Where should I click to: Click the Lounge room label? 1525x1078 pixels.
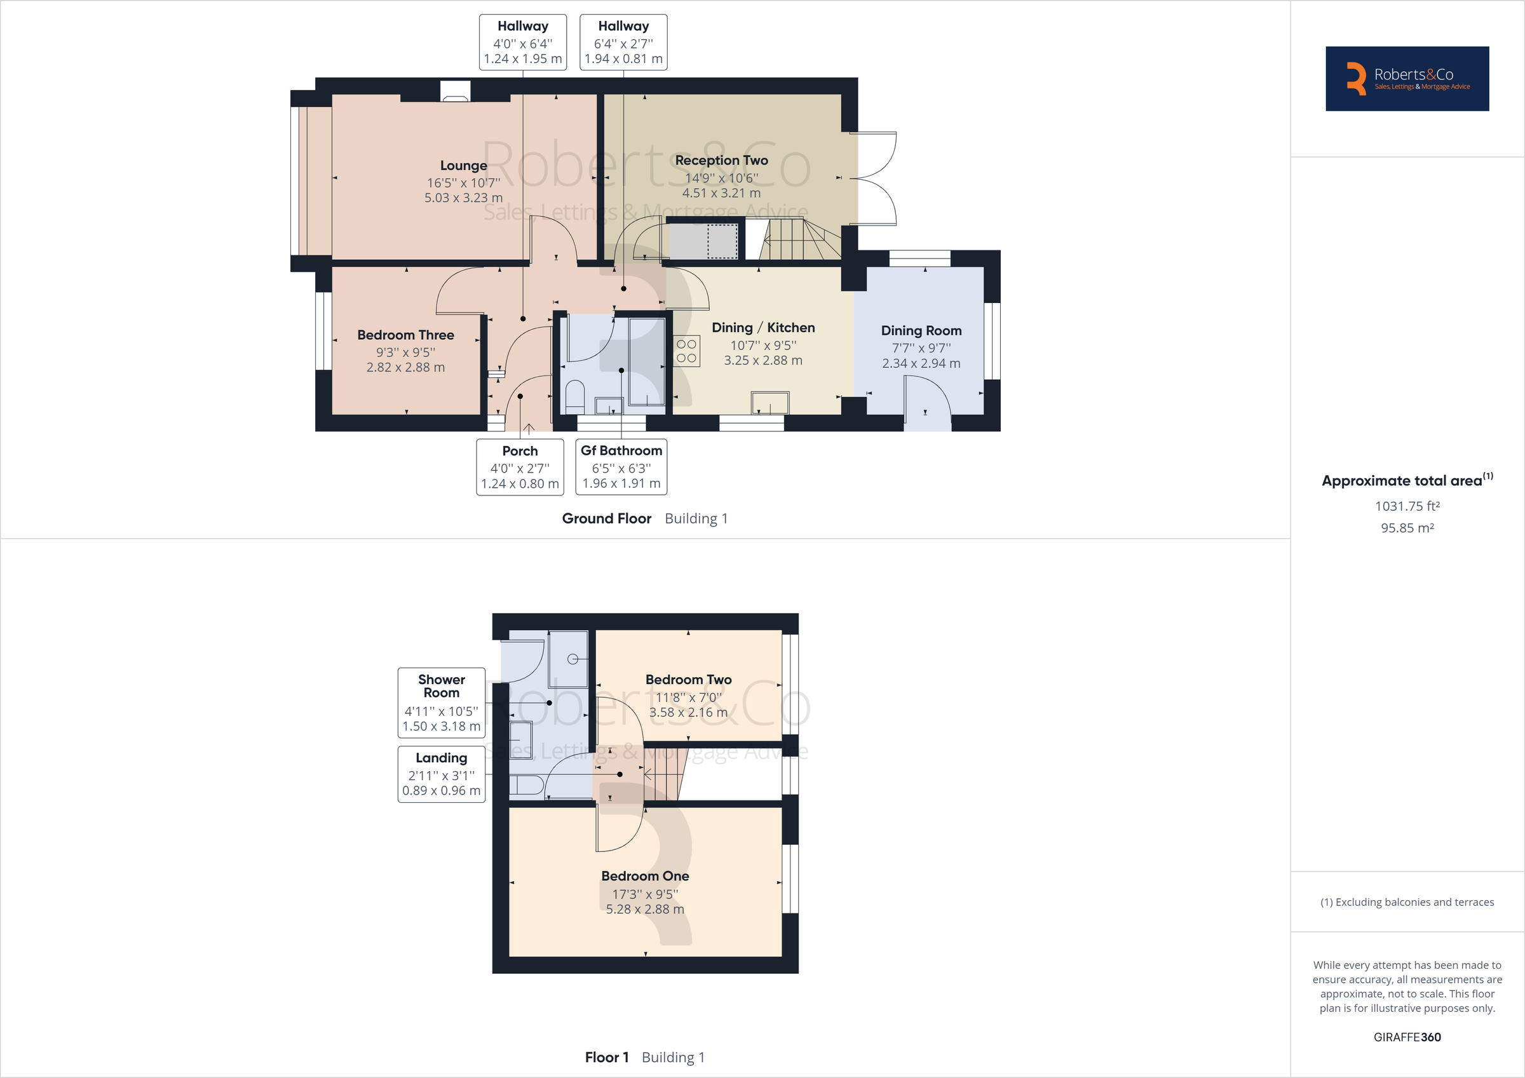[463, 165]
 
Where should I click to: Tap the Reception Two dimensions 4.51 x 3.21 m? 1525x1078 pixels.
[721, 193]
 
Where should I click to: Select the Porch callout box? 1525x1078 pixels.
[519, 467]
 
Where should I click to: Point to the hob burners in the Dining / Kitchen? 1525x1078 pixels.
[686, 351]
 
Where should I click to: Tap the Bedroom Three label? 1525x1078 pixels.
[405, 335]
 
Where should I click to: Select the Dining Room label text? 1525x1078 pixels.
[921, 330]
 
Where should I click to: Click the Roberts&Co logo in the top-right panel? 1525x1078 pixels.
[1407, 79]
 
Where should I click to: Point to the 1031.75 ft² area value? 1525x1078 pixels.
[1407, 506]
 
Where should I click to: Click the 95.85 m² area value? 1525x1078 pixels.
[1407, 528]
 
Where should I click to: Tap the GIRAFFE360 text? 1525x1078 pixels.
[1407, 1037]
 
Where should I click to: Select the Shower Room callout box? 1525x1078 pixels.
[441, 703]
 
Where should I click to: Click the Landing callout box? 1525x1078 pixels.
[441, 774]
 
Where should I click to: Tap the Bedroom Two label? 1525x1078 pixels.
[688, 680]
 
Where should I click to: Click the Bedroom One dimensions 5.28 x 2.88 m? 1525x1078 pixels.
[644, 909]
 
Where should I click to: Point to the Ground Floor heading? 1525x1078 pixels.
[606, 518]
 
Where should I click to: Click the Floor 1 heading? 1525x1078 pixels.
[606, 1057]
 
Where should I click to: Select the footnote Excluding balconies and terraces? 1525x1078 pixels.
[1407, 902]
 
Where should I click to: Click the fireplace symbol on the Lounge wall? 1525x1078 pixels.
[455, 91]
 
